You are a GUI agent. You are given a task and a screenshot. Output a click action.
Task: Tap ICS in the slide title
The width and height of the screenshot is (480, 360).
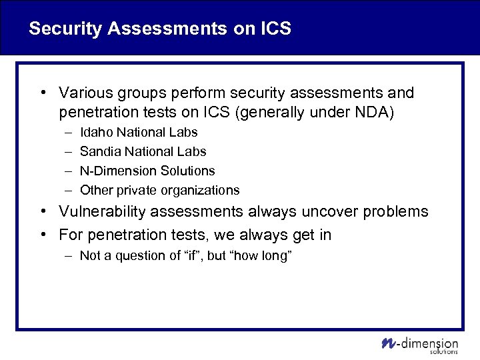click(x=275, y=29)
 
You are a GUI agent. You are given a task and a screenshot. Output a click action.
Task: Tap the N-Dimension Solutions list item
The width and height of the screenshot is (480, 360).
click(x=147, y=171)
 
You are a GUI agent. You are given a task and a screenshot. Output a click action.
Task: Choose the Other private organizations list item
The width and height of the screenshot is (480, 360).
click(x=159, y=190)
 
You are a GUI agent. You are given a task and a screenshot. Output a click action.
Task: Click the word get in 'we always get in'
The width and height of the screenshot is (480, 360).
click(x=293, y=235)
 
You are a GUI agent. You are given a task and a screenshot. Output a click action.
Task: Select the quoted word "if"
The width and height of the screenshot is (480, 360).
click(x=191, y=255)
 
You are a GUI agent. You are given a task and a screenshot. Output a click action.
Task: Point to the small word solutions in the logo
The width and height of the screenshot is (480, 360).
click(x=444, y=351)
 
